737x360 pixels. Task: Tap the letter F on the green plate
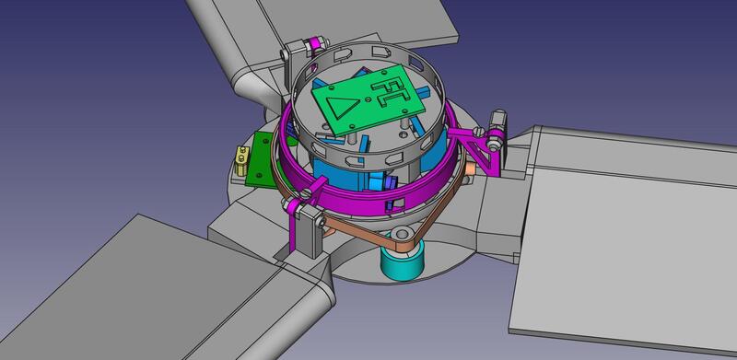(x=382, y=87)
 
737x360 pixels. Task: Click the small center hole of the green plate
(x=368, y=99)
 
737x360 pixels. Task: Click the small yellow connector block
(x=241, y=161)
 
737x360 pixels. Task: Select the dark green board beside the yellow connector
(x=262, y=161)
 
